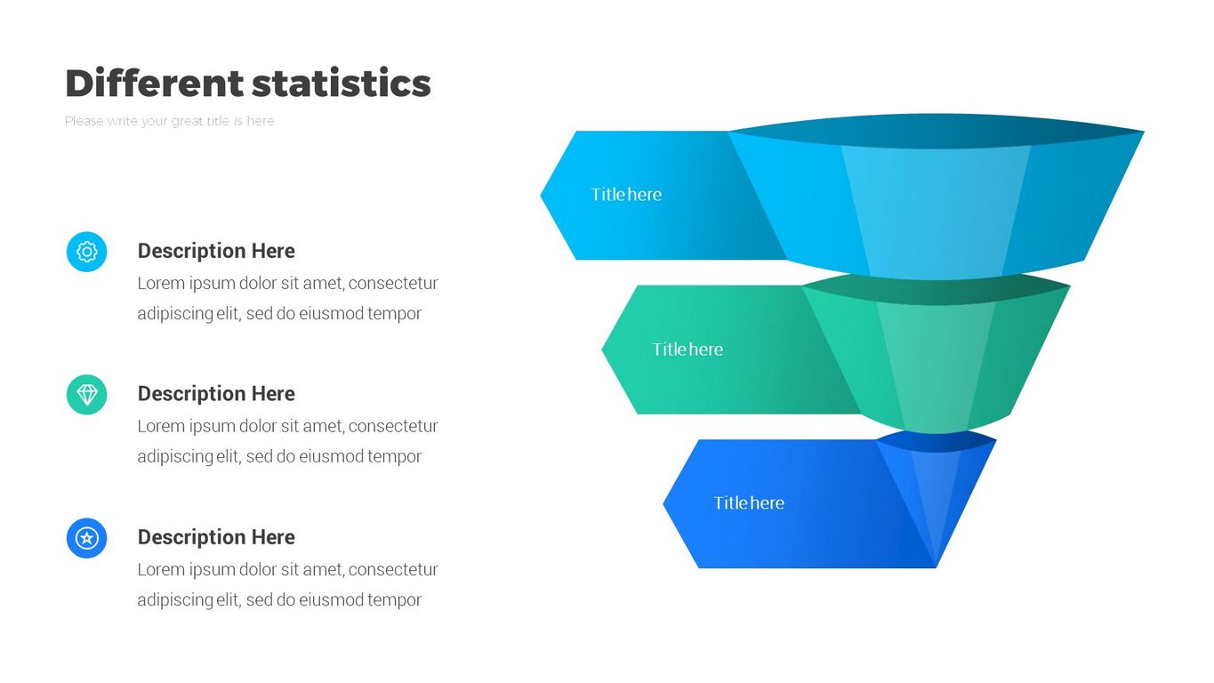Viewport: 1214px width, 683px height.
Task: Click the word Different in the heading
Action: coord(155,83)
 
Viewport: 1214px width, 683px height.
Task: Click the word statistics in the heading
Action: coord(342,83)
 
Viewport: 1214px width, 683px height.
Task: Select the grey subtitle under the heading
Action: coord(170,121)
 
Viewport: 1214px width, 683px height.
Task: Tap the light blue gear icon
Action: coord(87,252)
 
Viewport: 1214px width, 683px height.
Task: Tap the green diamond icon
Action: coord(87,395)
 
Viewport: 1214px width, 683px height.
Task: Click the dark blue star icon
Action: coord(87,538)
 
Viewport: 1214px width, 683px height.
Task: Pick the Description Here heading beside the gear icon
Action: coord(216,251)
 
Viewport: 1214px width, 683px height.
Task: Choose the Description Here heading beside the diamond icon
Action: coord(216,394)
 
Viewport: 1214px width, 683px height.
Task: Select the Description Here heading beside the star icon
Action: coord(216,537)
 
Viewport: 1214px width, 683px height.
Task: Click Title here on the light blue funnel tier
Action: coord(626,195)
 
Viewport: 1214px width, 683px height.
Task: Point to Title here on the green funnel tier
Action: coord(687,350)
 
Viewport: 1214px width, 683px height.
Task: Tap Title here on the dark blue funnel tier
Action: coord(749,503)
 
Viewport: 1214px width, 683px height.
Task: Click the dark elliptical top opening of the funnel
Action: coord(937,131)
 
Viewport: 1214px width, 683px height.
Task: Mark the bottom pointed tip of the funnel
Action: coord(936,567)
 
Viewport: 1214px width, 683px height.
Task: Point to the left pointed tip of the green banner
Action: coord(602,350)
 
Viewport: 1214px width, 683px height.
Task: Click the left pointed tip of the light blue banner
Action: coord(541,195)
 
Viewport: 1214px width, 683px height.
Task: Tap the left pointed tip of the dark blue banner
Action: coord(663,503)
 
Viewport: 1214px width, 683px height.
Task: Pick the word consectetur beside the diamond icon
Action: coord(393,427)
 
